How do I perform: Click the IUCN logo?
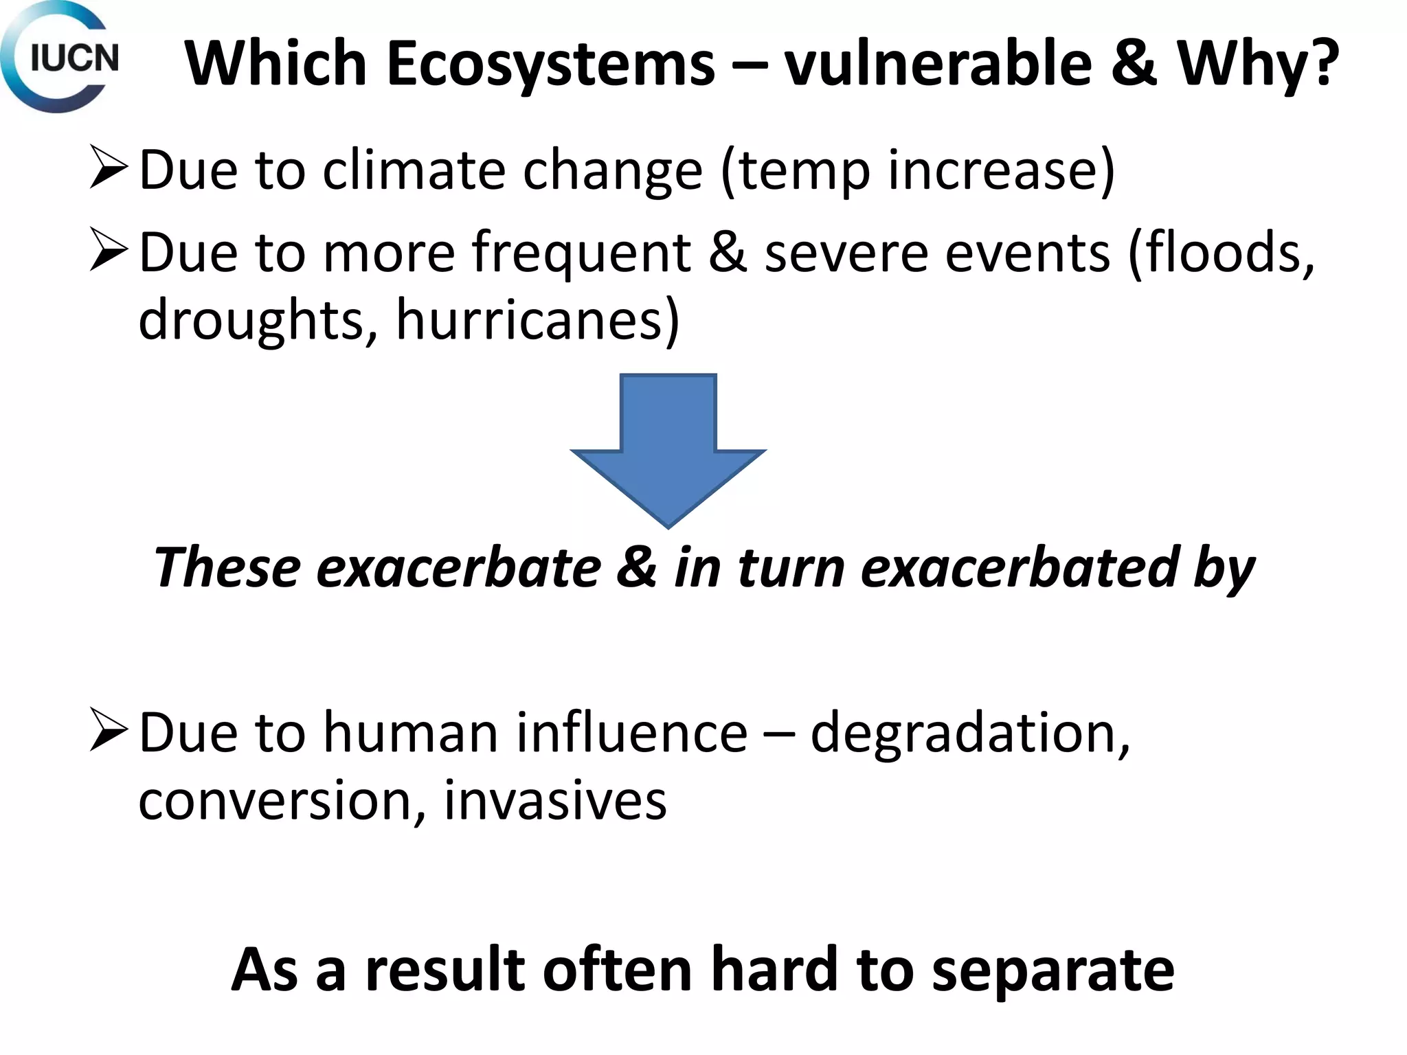pyautogui.click(x=60, y=58)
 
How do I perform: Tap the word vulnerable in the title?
pyautogui.click(x=938, y=63)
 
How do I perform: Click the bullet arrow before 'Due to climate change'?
pyautogui.click(x=108, y=169)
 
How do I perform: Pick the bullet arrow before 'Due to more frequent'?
pyautogui.click(x=108, y=251)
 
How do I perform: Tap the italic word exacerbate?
pyautogui.click(x=458, y=567)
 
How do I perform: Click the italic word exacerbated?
pyautogui.click(x=1019, y=567)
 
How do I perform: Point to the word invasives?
pyautogui.click(x=555, y=799)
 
